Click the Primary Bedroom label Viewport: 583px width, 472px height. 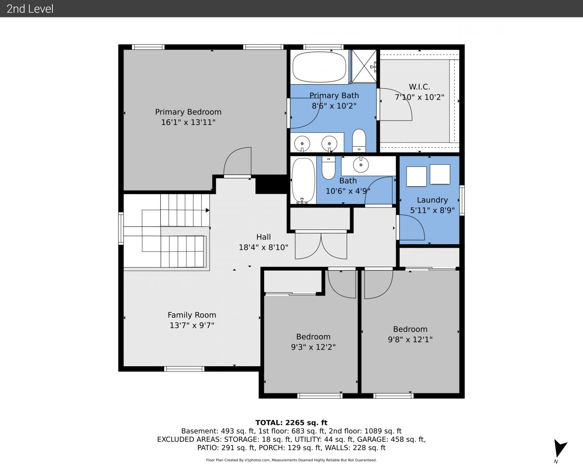(188, 112)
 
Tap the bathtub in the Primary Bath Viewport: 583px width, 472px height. (319, 67)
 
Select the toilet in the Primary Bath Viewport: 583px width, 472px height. (359, 140)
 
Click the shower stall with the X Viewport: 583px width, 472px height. (364, 66)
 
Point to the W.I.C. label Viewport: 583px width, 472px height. (419, 87)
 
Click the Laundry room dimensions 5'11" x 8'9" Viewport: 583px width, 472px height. (432, 210)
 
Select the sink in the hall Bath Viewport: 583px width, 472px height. (361, 164)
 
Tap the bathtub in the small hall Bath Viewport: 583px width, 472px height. (303, 180)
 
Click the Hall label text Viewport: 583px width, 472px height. (263, 237)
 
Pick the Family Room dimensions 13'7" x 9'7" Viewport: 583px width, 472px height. (192, 326)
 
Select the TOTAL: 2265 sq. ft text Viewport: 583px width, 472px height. (291, 423)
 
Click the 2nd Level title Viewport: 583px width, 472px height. (30, 9)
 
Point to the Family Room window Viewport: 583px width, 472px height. (184, 369)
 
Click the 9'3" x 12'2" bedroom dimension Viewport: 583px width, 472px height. (313, 347)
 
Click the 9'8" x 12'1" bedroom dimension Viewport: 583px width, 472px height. (410, 340)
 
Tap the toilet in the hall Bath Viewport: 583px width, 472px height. (328, 167)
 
